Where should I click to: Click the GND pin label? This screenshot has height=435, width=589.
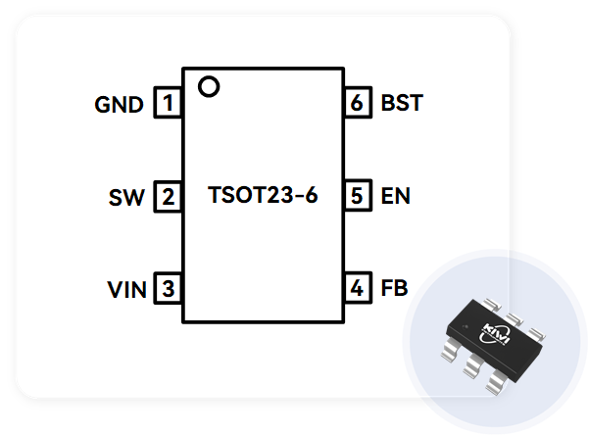pos(120,104)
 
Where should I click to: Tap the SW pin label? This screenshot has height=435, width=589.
pos(127,198)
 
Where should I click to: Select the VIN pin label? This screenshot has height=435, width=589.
pos(126,290)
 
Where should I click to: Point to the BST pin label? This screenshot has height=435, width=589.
pos(401,103)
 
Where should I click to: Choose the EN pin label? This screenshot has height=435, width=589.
pos(395,196)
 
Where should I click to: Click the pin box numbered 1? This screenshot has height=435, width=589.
pos(170,103)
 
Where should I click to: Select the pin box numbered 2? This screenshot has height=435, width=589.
pos(170,197)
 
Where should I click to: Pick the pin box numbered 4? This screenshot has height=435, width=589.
pos(359,289)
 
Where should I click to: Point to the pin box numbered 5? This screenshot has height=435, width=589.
pos(359,196)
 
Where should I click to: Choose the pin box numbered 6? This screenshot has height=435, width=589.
pos(359,103)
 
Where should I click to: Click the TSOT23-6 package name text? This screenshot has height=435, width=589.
pos(263,195)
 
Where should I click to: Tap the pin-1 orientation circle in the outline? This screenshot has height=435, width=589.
pos(208,87)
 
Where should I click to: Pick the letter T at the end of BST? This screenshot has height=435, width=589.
pos(415,103)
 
